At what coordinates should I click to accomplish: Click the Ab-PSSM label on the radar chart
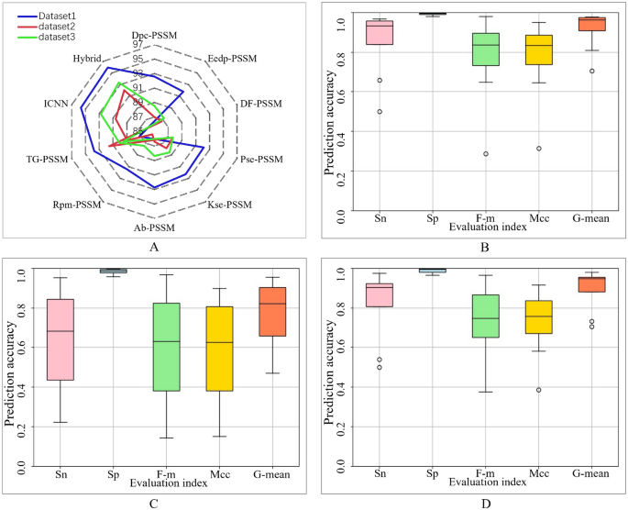pos(152,227)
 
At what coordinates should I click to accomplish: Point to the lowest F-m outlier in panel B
pos(485,154)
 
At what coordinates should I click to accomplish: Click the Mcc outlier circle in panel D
pos(538,390)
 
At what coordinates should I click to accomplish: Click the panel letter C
pos(152,503)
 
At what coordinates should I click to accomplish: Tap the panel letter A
pos(153,246)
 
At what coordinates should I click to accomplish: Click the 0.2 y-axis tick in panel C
pos(19,427)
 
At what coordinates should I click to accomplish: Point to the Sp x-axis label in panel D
pos(433,474)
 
